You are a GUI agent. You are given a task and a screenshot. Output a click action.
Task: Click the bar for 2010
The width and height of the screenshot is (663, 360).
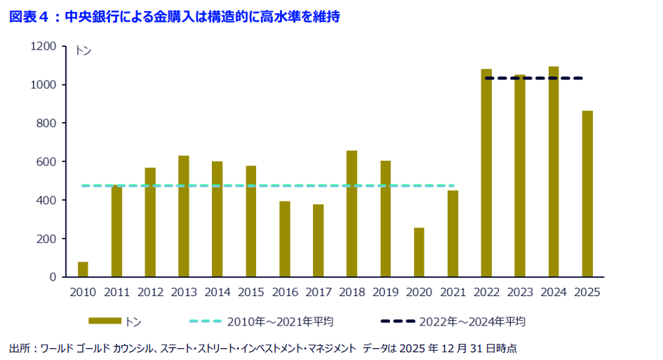point(83,269)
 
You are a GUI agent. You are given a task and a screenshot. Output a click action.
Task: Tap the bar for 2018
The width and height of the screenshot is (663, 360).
point(352,213)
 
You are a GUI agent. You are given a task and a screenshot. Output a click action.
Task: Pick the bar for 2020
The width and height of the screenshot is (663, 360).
point(419,252)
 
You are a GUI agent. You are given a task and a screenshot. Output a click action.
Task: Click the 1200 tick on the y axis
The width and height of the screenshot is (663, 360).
point(43,46)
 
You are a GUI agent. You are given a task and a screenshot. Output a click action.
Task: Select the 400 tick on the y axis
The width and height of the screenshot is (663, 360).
point(46,200)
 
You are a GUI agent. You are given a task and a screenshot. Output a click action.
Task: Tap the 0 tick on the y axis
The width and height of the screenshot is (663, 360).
point(52,277)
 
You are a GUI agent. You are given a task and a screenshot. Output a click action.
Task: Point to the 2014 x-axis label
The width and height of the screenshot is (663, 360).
point(217,292)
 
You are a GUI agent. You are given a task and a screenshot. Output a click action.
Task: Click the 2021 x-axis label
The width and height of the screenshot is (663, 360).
point(453,292)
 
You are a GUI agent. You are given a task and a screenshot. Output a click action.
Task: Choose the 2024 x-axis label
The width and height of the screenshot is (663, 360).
point(554,292)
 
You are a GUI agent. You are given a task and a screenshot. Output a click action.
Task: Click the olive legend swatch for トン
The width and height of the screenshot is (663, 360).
point(105,321)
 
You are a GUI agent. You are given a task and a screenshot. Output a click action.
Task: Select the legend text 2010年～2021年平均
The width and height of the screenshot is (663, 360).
point(279,322)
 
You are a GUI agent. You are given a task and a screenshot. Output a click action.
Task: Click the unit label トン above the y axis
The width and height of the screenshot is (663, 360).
point(83,51)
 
